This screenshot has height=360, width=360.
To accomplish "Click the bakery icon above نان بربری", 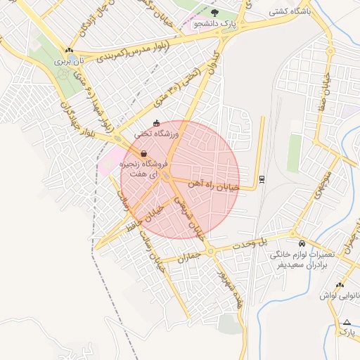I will point(69,50).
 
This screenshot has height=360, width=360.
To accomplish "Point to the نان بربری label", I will point(69,61).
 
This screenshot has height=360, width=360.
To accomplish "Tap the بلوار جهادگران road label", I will point(70,119).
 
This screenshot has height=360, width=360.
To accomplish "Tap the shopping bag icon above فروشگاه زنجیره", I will point(143,153).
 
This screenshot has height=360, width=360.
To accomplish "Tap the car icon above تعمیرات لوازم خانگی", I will point(302,243).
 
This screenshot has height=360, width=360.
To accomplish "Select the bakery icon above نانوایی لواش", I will point(340,285).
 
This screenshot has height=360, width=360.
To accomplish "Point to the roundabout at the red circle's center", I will point(167,176).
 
